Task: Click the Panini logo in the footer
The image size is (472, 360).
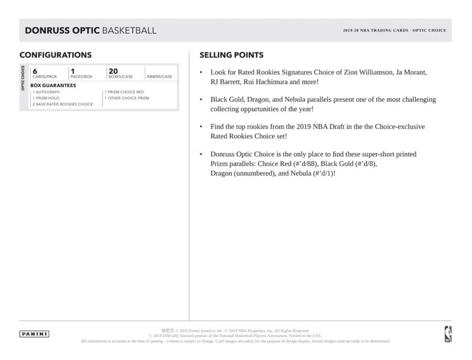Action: click(34, 334)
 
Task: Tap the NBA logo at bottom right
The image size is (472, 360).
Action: click(447, 334)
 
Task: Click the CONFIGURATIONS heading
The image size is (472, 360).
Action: click(56, 55)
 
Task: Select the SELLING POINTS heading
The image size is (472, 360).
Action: click(232, 55)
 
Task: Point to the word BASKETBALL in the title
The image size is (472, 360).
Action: click(129, 31)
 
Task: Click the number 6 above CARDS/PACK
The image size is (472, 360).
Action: click(34, 71)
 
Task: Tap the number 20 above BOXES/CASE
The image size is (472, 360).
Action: click(113, 71)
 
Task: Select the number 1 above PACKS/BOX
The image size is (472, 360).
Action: click(73, 71)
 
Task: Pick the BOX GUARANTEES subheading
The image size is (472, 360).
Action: click(53, 85)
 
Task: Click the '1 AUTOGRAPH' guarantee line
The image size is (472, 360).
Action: click(46, 92)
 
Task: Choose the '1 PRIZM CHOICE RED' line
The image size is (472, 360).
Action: click(125, 92)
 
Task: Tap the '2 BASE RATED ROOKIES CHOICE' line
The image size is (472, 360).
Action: click(63, 104)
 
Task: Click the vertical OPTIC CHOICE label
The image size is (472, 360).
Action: click(23, 78)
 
